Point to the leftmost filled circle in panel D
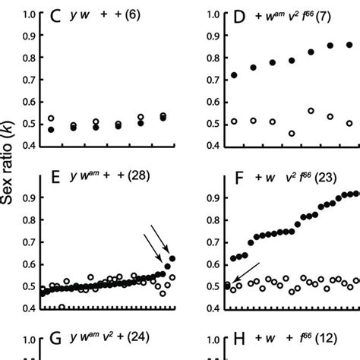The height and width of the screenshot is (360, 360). pyautogui.click(x=234, y=75)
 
